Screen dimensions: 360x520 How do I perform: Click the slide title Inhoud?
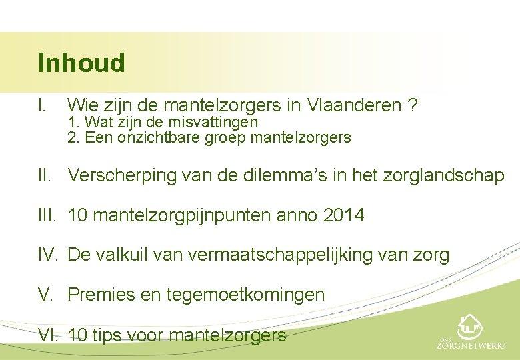pyautogui.click(x=81, y=63)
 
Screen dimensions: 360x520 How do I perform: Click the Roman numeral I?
pyautogui.click(x=42, y=105)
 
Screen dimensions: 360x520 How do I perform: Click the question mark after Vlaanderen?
pyautogui.click(x=413, y=105)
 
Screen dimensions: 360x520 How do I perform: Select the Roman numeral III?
pyautogui.click(x=47, y=215)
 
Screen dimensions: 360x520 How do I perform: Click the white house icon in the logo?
pyautogui.click(x=471, y=327)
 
